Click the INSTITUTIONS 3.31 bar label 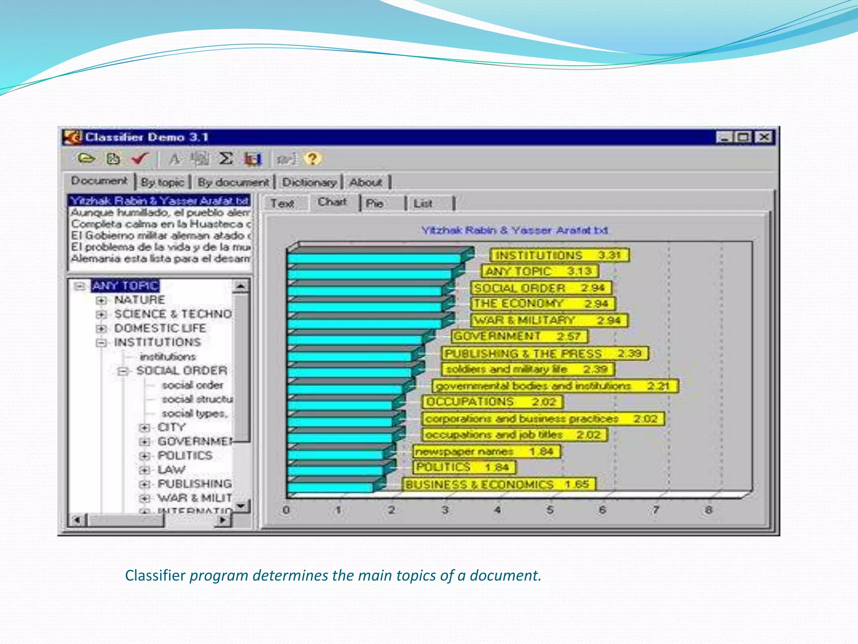559,255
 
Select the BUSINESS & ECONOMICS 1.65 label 498,485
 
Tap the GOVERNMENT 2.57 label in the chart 519,336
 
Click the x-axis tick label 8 708,510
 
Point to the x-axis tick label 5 550,510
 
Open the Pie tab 375,204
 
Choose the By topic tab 163,182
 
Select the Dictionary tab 309,182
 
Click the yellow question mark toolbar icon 313,159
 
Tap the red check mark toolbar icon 139,159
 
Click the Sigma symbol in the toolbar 226,159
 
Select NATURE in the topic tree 140,300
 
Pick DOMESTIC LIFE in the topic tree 160,328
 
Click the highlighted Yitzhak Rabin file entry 159,200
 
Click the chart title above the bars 514,230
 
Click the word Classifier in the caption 155,575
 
